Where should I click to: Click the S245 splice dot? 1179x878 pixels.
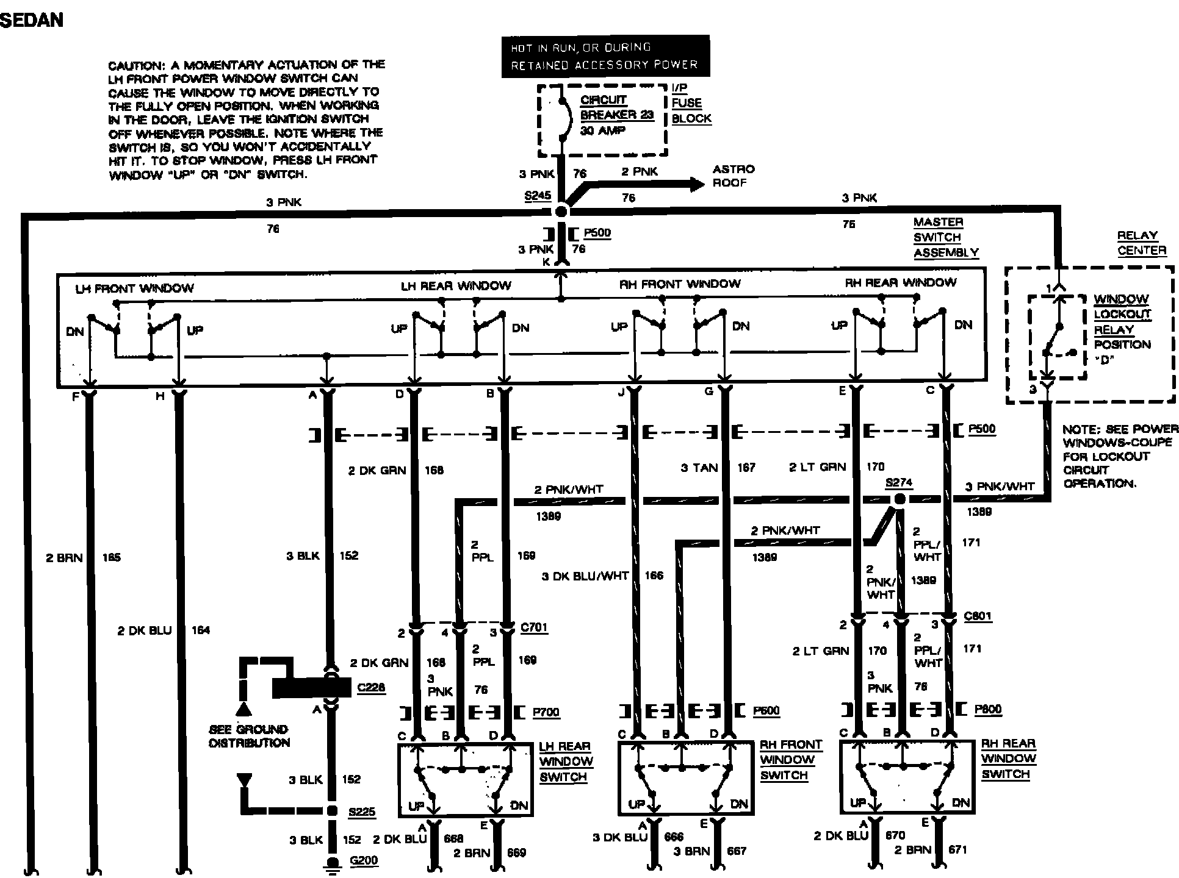pyautogui.click(x=561, y=212)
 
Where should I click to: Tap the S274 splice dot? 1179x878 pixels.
pyautogui.click(x=899, y=499)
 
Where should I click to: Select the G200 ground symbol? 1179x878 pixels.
pyautogui.click(x=334, y=864)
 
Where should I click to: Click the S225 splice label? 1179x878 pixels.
pyautogui.click(x=362, y=812)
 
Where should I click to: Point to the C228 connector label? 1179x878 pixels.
pyautogui.click(x=371, y=688)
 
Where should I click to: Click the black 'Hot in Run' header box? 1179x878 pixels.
pyautogui.click(x=605, y=56)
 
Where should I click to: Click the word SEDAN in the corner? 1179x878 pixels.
pyautogui.click(x=32, y=20)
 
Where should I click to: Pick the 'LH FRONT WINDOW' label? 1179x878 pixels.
pyautogui.click(x=134, y=288)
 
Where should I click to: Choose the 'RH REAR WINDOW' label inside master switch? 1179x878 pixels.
pyautogui.click(x=901, y=283)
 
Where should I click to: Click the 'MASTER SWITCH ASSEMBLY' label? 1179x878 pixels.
pyautogui.click(x=945, y=237)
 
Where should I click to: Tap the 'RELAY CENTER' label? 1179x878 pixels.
pyautogui.click(x=1141, y=243)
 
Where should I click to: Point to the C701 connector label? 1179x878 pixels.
pyautogui.click(x=535, y=627)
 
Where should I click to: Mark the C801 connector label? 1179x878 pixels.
pyautogui.click(x=978, y=616)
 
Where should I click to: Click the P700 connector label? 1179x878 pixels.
pyautogui.click(x=546, y=712)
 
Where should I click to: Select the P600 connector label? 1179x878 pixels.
pyautogui.click(x=766, y=710)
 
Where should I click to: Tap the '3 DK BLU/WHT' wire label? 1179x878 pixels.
pyautogui.click(x=585, y=576)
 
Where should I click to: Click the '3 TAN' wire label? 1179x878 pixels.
pyautogui.click(x=699, y=468)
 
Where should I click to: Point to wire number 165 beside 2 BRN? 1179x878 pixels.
pyautogui.click(x=112, y=557)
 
